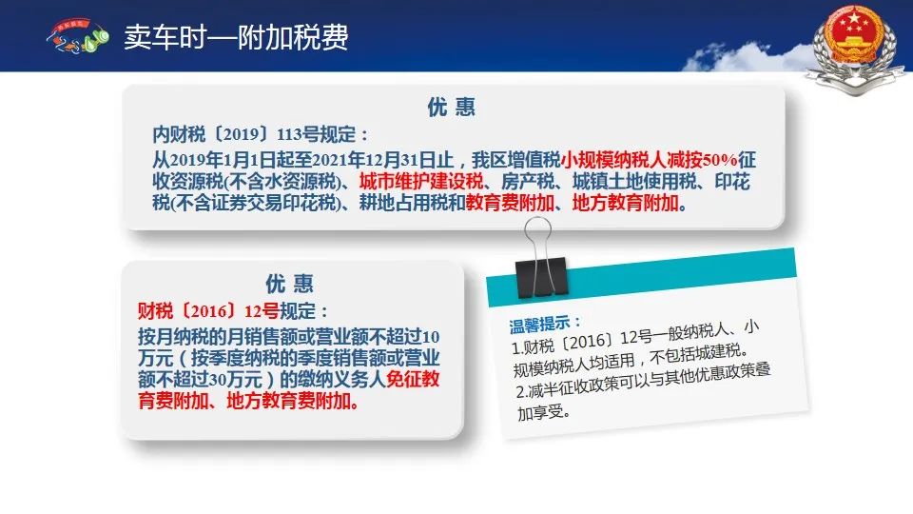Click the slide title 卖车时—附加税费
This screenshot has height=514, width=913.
236,37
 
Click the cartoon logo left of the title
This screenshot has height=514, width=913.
77,37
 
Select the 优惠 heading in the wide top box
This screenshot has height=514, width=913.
451,108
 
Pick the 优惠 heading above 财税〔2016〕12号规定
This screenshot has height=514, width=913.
289,284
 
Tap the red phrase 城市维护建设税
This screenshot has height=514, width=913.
421,181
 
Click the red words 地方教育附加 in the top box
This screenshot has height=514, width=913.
626,203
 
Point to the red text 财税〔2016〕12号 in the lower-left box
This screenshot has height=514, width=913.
208,311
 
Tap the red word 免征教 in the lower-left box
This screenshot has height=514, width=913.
413,380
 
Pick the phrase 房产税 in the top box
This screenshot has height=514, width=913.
528,181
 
